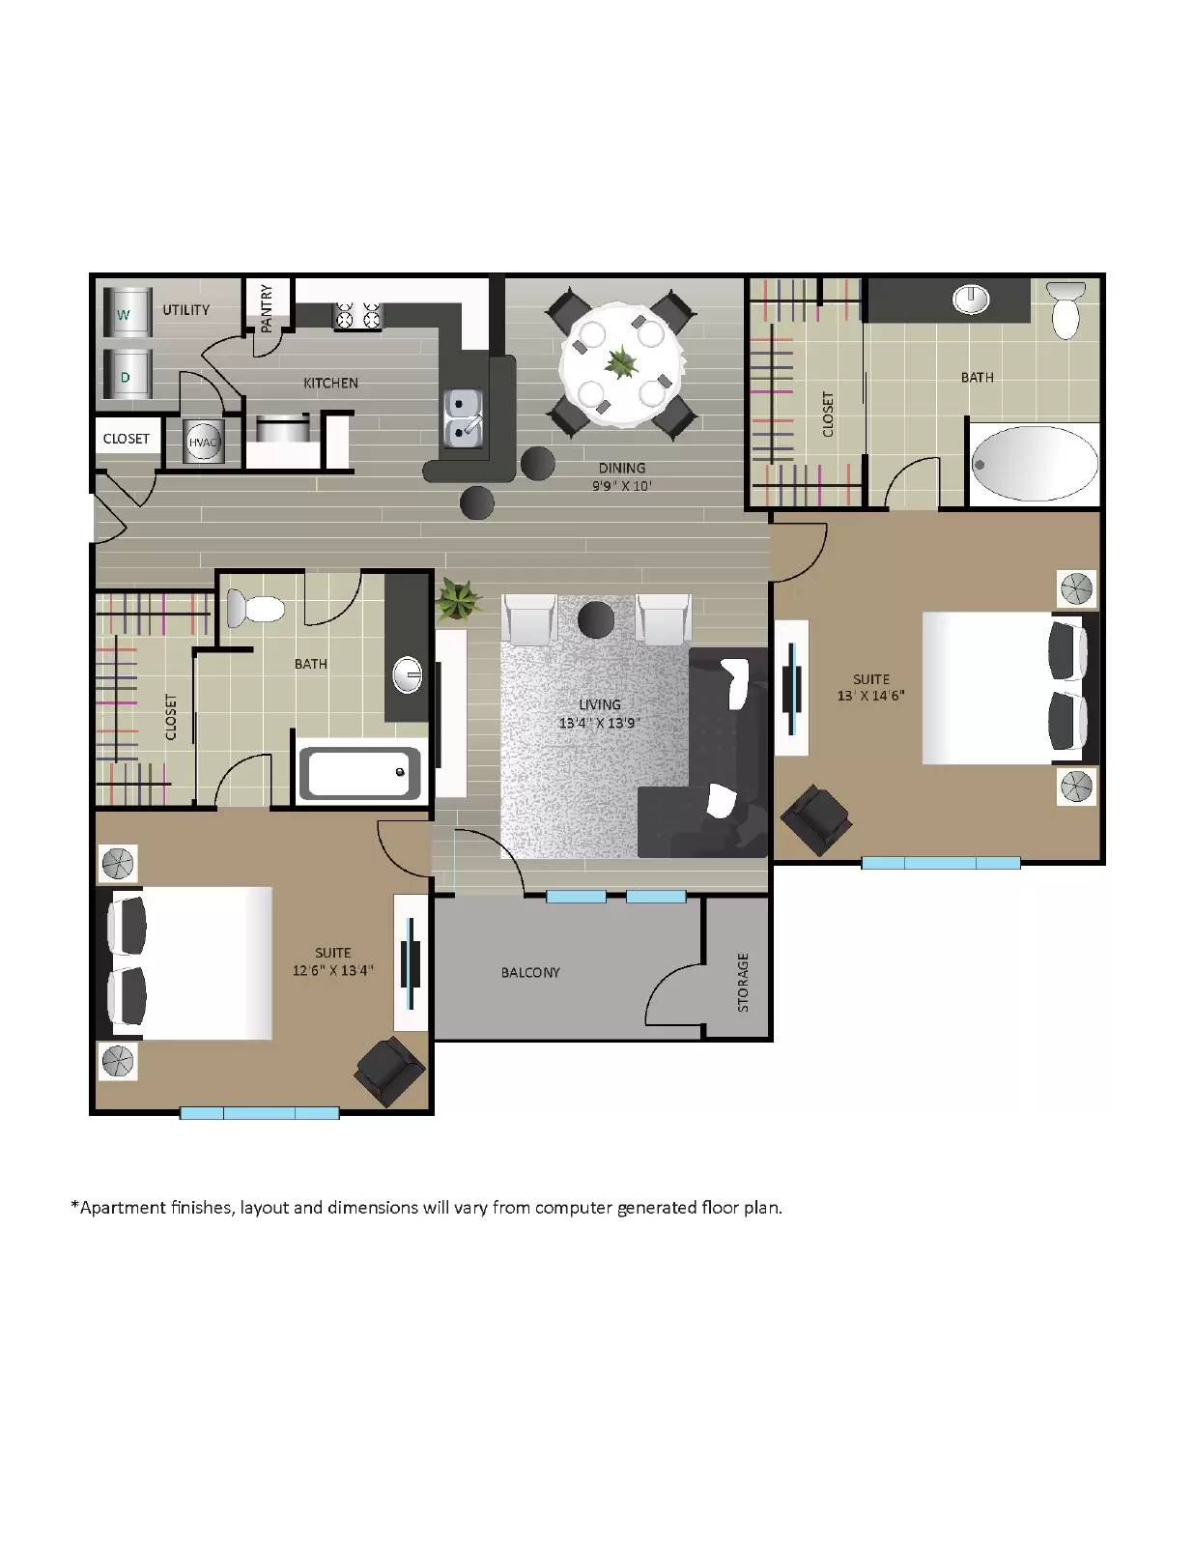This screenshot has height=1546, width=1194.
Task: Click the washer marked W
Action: click(127, 312)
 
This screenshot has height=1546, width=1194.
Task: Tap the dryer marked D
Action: click(127, 376)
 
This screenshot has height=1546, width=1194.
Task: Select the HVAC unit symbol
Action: click(203, 442)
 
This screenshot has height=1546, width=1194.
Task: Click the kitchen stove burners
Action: click(357, 315)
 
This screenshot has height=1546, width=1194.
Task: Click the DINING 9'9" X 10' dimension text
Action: click(621, 477)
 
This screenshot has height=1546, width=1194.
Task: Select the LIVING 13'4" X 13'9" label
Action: click(599, 714)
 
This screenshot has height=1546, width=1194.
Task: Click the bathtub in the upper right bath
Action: click(1034, 464)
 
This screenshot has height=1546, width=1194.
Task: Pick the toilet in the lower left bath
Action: click(256, 609)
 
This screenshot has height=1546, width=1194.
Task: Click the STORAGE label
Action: click(743, 982)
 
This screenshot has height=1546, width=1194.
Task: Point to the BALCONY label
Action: click(529, 972)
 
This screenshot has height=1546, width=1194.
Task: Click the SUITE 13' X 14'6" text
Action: click(870, 687)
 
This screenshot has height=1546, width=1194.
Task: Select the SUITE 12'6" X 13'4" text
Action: click(332, 961)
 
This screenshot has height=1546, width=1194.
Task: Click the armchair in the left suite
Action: click(389, 1072)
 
